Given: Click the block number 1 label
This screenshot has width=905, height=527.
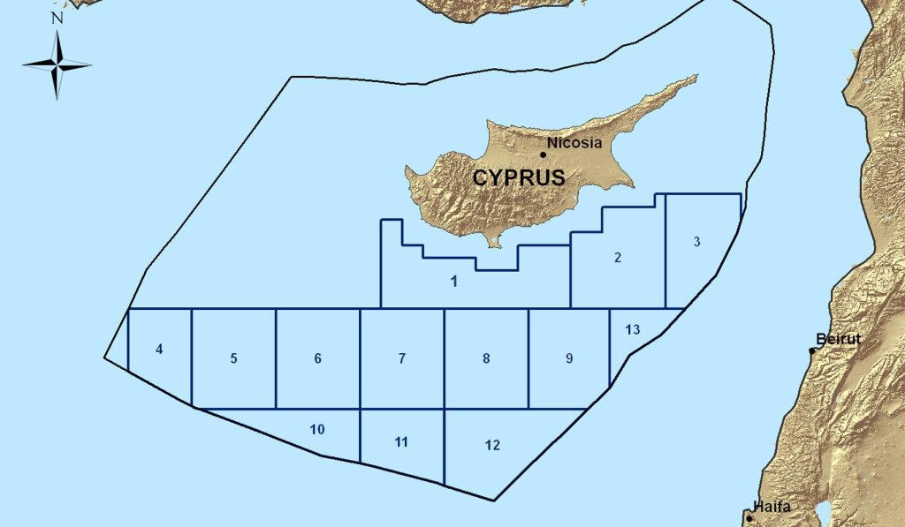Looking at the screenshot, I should point(453,282).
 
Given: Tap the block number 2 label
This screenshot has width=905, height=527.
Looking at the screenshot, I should point(618,258).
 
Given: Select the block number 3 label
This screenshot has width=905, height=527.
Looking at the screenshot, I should point(696,242).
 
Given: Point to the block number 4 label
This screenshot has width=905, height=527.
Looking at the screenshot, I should point(159,349).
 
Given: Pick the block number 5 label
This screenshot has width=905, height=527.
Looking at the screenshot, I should point(233,358).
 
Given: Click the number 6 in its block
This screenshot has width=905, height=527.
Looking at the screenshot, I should point(317,358).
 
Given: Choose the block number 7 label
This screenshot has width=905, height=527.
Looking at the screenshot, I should point(402,358).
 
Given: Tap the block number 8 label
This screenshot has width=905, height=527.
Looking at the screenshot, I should point(486,358).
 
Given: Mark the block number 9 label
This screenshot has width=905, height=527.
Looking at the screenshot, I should point(569,358).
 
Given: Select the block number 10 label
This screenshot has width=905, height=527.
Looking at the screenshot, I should point(318,430).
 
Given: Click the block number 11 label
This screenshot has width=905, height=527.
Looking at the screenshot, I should point(401,441).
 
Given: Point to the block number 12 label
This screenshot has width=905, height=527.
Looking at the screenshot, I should point(492,445).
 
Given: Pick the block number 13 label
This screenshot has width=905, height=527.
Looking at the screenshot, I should point(632,329).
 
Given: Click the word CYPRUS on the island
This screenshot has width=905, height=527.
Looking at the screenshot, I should point(519,177).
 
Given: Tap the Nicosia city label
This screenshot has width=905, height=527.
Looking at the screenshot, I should point(574,142).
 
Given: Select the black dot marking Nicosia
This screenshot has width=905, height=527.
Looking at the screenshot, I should point(543,154).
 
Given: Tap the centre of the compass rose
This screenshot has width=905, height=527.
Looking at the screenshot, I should point(57,64).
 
